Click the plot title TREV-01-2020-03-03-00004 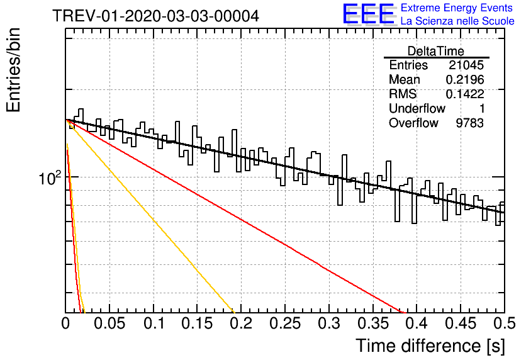[x=155, y=16]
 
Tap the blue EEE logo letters [x=368, y=14]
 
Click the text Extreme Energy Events [x=457, y=8]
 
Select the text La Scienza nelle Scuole [x=457, y=21]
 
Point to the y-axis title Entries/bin [x=14, y=70]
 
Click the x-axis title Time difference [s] [x=430, y=346]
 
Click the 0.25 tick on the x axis [x=285, y=323]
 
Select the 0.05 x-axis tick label [x=109, y=323]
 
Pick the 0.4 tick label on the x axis [x=417, y=323]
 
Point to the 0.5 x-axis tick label [x=504, y=323]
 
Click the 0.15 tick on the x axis [x=197, y=323]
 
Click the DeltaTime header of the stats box [x=436, y=51]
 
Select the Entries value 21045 [x=466, y=65]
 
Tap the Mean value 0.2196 [x=465, y=79]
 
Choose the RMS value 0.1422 [x=465, y=94]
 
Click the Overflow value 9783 [x=469, y=123]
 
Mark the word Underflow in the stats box [x=417, y=108]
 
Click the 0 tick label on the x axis [x=65, y=323]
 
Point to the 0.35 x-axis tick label [x=372, y=323]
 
